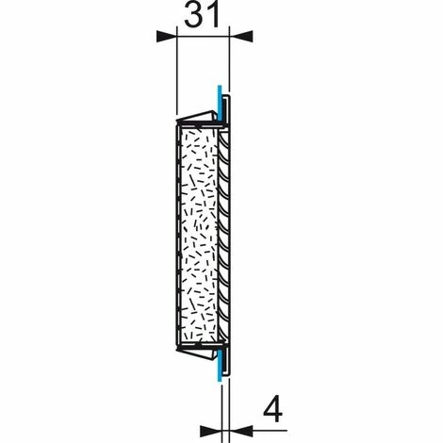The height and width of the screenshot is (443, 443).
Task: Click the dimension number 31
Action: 202,14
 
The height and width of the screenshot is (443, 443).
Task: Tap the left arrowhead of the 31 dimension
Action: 167,37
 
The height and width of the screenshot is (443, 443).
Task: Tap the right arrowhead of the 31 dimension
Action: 241,37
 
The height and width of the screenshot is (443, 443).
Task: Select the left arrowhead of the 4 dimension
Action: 211,431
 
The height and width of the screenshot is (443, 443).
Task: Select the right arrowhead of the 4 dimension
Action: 241,431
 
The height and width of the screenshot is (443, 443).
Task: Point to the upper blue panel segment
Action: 220,104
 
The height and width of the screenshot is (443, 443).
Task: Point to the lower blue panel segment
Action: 220,365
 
